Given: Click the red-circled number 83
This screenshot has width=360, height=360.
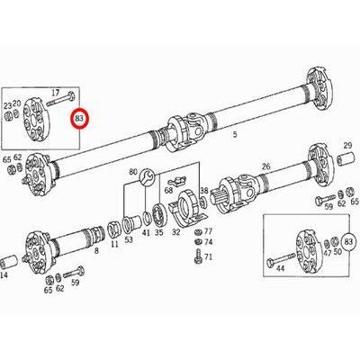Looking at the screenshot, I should coord(81,117).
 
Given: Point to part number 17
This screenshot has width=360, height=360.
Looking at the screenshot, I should coord(56,93).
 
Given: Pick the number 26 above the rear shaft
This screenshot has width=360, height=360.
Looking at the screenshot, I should coord(265,166).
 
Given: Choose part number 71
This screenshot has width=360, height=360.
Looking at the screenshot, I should coord(208,257).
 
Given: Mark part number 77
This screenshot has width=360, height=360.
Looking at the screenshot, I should coord(208,231).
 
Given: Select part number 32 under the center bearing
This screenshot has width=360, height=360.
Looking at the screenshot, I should coord(176,232).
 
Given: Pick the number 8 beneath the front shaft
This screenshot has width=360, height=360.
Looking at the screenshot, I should coord(96,256).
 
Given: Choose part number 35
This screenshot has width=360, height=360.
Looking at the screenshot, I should coord(159,232).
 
